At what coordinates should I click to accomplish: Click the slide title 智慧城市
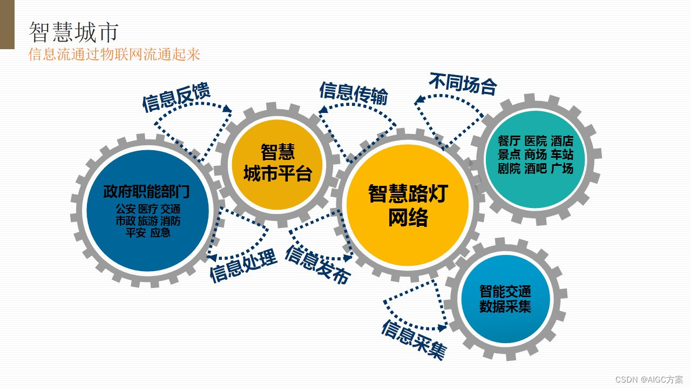pyautogui.click(x=73, y=32)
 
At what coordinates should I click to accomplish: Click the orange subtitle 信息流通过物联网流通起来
pyautogui.click(x=114, y=55)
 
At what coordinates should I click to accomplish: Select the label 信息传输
pyautogui.click(x=353, y=93)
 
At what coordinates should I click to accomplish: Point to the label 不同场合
pyautogui.click(x=463, y=84)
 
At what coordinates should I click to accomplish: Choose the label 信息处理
pyautogui.click(x=243, y=265)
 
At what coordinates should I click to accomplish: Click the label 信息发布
pyautogui.click(x=317, y=265)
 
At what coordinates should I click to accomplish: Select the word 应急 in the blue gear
pyautogui.click(x=160, y=233)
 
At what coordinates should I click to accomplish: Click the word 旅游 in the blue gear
pyautogui.click(x=148, y=221)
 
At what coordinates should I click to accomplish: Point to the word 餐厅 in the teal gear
pyautogui.click(x=509, y=142)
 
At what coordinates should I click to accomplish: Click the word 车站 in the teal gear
pyautogui.click(x=562, y=155)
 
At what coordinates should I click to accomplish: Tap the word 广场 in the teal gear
pyautogui.click(x=562, y=169)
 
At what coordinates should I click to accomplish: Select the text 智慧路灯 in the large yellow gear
pyautogui.click(x=408, y=193)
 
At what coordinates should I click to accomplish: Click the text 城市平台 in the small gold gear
pyautogui.click(x=277, y=174)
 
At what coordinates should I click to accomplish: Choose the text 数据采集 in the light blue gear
pyautogui.click(x=505, y=307)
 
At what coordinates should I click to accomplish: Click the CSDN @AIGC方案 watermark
pyautogui.click(x=649, y=379)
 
